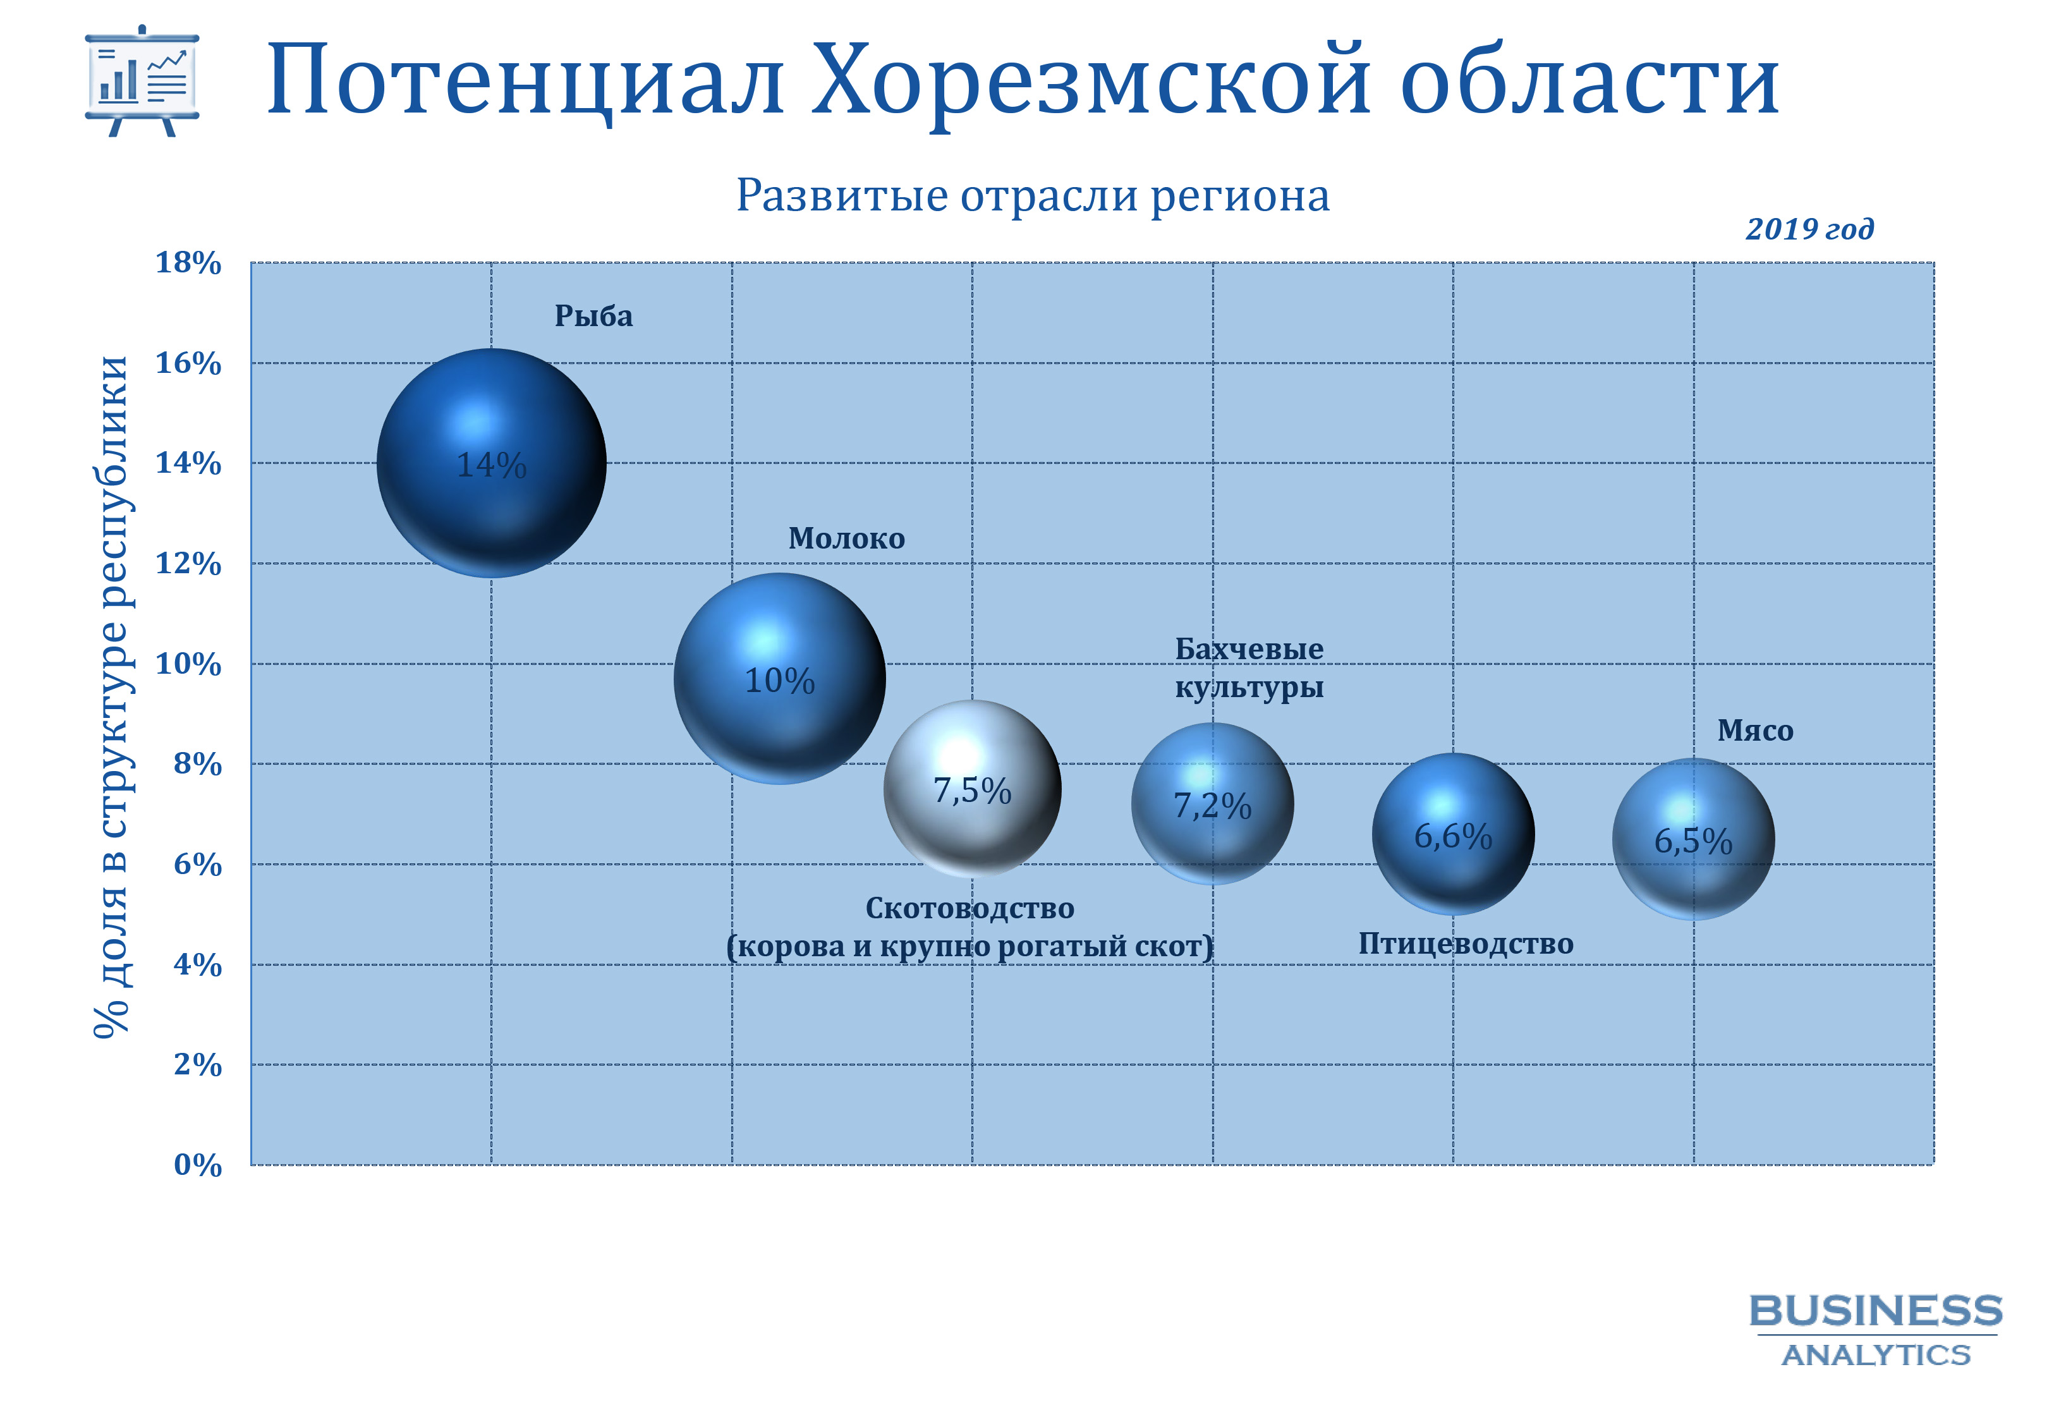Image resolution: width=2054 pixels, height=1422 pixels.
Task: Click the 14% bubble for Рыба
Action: (x=491, y=463)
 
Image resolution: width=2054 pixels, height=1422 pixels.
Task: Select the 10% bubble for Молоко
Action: (x=779, y=679)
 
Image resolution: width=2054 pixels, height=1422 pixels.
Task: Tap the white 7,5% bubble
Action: (x=973, y=789)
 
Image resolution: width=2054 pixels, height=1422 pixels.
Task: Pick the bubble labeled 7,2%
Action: (x=1212, y=804)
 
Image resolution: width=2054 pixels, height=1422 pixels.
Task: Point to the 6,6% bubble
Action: (x=1453, y=834)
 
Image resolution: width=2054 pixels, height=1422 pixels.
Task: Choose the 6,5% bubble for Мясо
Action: (x=1693, y=839)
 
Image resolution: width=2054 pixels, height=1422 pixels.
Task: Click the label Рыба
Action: (x=593, y=316)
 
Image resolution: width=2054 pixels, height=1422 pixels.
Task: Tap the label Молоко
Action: (x=846, y=538)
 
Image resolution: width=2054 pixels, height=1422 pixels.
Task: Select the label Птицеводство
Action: (x=1465, y=944)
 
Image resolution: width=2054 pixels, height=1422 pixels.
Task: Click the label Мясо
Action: (x=1754, y=731)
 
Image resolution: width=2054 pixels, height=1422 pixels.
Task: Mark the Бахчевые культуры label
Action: (x=1249, y=668)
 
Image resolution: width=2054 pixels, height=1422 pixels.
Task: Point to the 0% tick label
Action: (x=198, y=1165)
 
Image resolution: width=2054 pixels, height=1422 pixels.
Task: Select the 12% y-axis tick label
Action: (x=188, y=563)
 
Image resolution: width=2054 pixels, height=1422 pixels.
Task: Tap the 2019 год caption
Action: (x=1809, y=229)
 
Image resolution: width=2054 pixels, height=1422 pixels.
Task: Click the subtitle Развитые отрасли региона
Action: (x=1032, y=195)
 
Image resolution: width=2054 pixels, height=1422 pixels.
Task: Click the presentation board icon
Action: (x=142, y=80)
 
